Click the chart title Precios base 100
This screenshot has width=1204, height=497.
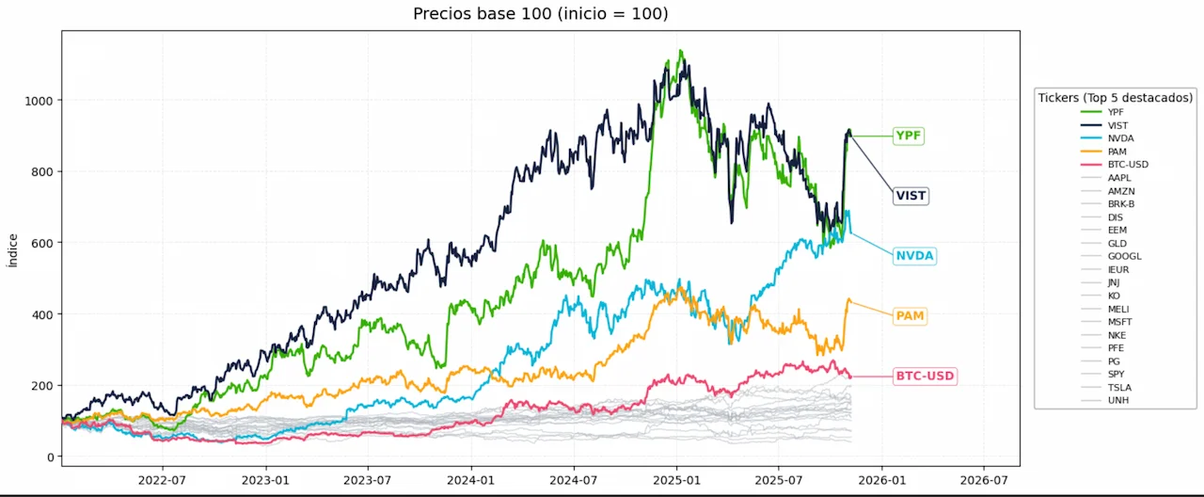click(x=540, y=14)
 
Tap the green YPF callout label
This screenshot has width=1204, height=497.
click(x=908, y=136)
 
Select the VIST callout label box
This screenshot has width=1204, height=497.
click(x=911, y=196)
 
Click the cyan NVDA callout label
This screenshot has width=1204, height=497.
click(x=915, y=256)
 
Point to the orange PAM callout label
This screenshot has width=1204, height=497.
click(x=910, y=316)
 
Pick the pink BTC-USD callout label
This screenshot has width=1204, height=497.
click(x=925, y=377)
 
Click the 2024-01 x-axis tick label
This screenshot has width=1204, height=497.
click(x=470, y=478)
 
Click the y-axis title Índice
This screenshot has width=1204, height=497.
click(x=12, y=250)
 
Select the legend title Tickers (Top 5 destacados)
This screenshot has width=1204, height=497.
click(x=1116, y=97)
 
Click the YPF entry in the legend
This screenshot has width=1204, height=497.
click(x=1116, y=112)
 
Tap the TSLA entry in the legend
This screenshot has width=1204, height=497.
click(x=1118, y=387)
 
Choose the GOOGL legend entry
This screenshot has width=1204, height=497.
click(x=1124, y=256)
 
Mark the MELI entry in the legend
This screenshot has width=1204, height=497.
click(x=1118, y=309)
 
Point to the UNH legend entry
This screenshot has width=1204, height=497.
click(x=1118, y=400)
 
